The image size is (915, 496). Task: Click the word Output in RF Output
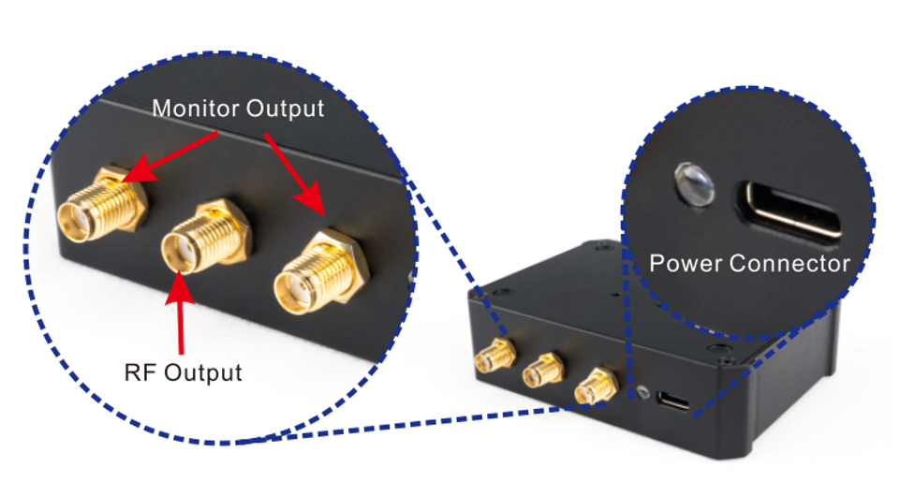click(x=202, y=372)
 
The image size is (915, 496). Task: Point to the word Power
click(x=686, y=263)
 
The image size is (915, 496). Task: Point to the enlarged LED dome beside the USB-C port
click(x=694, y=182)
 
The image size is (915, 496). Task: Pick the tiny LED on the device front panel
click(x=641, y=391)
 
